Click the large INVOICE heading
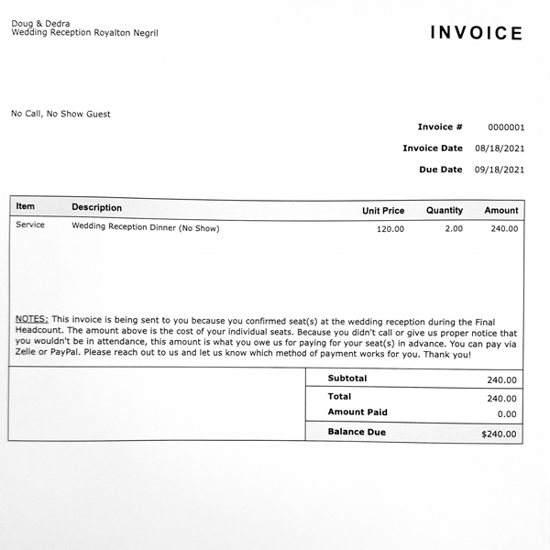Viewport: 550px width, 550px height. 477,34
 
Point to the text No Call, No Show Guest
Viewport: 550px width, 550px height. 60,115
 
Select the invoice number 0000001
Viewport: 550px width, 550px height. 505,127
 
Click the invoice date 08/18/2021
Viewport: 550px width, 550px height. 500,148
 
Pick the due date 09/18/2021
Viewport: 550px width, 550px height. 500,170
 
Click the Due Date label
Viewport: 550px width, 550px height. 440,170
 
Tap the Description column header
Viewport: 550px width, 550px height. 96,208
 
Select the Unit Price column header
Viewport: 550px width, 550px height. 383,211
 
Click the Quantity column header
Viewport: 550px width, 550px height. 445,211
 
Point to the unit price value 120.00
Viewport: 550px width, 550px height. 390,229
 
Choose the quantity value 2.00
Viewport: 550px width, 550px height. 454,229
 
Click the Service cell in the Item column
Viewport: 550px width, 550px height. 30,225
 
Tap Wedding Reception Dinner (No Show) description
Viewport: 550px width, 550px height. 146,227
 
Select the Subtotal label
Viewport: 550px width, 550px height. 347,379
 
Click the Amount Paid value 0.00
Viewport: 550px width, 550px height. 507,414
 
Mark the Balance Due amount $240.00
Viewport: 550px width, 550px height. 499,434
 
